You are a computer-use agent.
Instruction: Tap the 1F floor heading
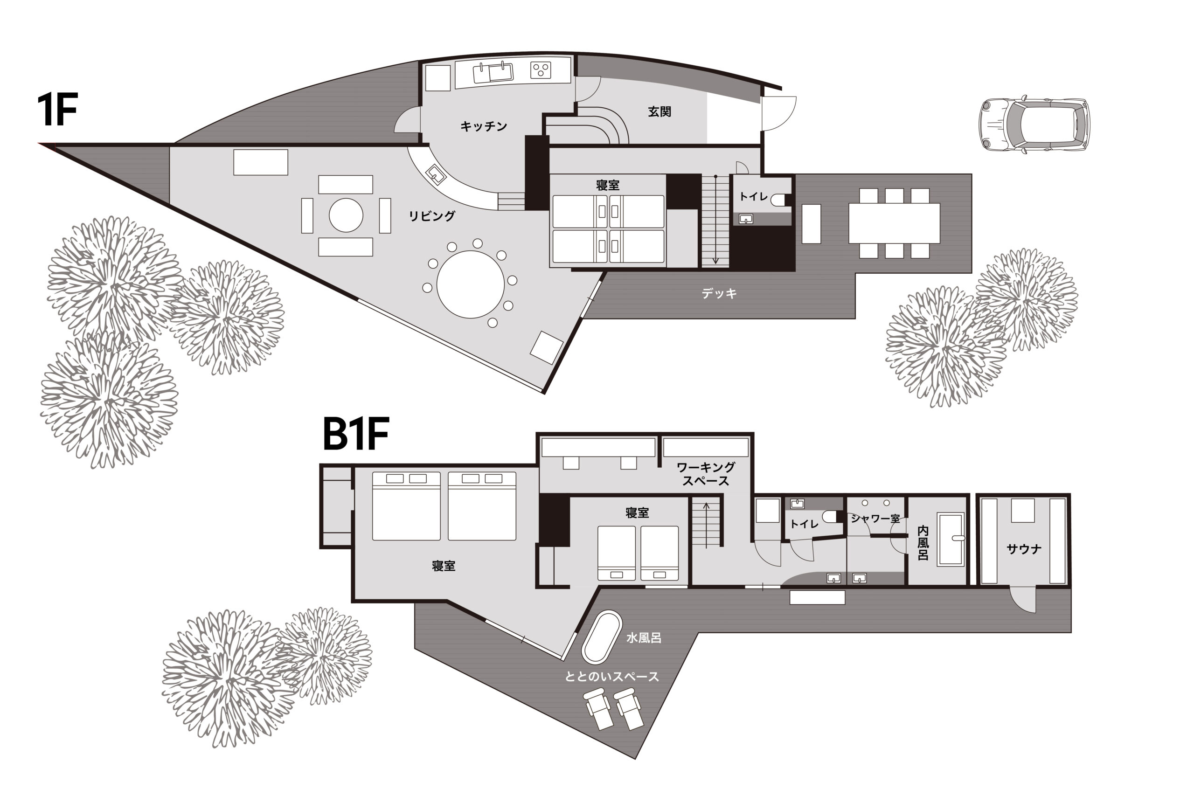57,110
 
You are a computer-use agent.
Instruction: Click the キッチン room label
483,126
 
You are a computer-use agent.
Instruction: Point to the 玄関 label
659,111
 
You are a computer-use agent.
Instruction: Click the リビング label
431,216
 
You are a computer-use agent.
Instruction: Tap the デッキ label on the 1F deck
719,293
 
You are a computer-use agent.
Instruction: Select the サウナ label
1024,549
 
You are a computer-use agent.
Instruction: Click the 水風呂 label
643,638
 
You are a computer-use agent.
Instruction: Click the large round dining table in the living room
470,284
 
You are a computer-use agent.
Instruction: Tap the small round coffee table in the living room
346,215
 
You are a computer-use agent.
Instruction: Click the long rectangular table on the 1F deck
894,223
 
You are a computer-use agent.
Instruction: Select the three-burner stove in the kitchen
541,70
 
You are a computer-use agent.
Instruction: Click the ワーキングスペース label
706,474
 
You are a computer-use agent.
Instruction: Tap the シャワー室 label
875,519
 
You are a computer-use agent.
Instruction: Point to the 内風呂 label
923,543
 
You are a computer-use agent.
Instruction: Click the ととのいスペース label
612,676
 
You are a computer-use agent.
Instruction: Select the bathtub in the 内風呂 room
951,539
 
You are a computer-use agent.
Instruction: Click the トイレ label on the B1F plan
804,523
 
